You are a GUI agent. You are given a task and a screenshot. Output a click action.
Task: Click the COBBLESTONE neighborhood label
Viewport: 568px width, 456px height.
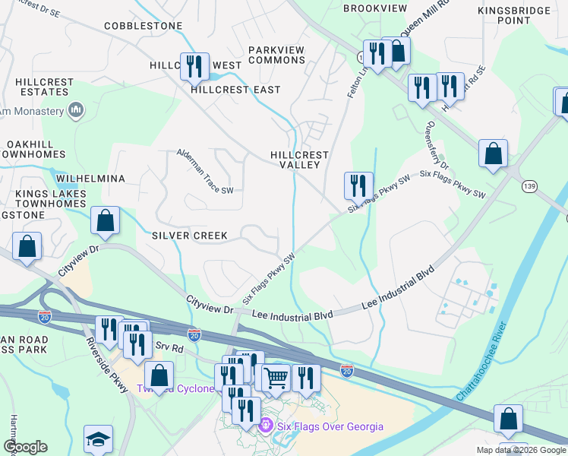click(x=144, y=26)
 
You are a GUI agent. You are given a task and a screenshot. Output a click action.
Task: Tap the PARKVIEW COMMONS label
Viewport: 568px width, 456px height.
click(x=276, y=55)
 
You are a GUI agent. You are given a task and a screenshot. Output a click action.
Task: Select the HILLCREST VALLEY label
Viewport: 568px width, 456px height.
click(x=299, y=160)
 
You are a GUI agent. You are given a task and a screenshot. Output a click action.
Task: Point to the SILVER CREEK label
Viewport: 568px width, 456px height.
click(x=189, y=236)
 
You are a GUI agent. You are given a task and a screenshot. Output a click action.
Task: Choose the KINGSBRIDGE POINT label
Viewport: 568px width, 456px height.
click(x=515, y=15)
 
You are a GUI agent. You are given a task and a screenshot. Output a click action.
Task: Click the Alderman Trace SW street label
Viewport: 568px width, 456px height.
click(x=205, y=172)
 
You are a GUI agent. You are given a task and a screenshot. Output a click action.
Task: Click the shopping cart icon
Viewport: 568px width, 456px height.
click(x=276, y=376)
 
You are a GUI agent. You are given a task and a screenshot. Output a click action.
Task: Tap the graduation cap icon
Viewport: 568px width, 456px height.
click(x=98, y=439)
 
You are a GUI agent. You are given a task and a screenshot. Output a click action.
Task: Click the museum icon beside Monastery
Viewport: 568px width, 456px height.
click(x=75, y=111)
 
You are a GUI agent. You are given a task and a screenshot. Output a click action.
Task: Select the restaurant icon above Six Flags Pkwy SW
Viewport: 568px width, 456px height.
click(x=358, y=184)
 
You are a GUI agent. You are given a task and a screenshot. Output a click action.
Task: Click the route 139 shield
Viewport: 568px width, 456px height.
click(x=529, y=186)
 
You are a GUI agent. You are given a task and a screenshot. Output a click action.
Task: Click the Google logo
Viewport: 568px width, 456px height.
click(x=26, y=447)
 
